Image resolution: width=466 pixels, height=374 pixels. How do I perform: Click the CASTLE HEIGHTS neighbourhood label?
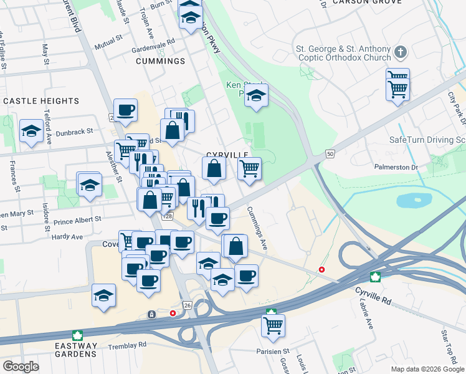pos(41,101)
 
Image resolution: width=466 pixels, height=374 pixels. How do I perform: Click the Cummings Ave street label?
pos(257,228)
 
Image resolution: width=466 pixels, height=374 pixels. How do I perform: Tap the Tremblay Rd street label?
pos(126,344)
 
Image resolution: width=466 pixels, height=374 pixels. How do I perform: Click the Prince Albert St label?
pos(77,220)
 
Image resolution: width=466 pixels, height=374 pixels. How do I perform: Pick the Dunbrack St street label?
pos(72,132)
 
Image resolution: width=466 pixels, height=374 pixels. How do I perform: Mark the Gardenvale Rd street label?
pos(153,46)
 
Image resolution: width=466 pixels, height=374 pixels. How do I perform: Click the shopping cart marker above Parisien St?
pos(273,325)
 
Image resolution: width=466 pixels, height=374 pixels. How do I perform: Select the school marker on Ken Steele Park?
pos(255,96)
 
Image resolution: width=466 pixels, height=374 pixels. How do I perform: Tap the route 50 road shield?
pos(330,154)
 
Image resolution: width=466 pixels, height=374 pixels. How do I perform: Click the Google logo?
pos(21,367)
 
